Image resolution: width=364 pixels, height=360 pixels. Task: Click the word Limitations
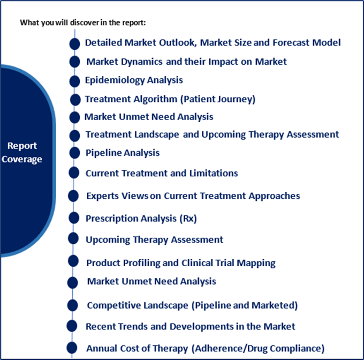coord(214,173)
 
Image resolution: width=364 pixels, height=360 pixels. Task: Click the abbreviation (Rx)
coord(188,219)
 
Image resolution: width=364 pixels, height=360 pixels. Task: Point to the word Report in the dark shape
coord(22,146)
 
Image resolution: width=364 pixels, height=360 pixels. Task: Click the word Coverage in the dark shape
coord(22,160)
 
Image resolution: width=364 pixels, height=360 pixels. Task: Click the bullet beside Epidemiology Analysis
coord(74,81)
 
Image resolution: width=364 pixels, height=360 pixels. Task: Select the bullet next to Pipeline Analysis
coord(74,153)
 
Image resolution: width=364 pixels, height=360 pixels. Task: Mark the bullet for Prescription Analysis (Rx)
coord(74,218)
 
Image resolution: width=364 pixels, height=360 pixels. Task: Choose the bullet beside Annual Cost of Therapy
coord(72,348)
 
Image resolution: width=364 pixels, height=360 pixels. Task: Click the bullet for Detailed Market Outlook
coord(74,44)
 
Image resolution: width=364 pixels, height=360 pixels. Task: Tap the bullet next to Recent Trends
coord(72,326)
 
